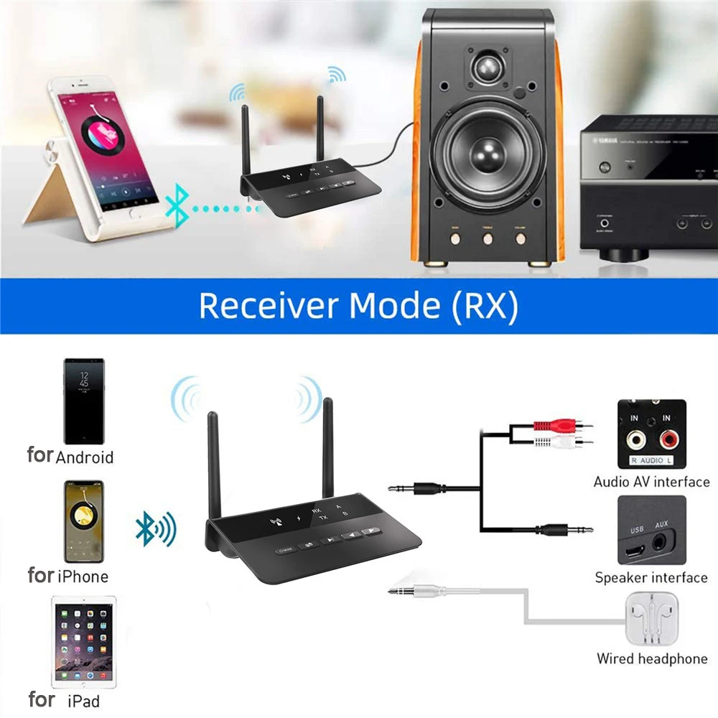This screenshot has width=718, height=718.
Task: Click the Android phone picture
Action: (84, 401)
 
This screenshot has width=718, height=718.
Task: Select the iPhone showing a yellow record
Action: (84, 521)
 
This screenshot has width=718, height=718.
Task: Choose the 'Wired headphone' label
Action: (652, 658)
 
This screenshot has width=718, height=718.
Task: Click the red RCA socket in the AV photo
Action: (669, 437)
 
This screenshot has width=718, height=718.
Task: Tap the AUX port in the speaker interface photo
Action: (661, 542)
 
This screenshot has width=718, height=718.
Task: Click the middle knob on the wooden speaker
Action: (488, 238)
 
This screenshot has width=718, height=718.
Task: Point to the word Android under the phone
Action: (85, 457)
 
